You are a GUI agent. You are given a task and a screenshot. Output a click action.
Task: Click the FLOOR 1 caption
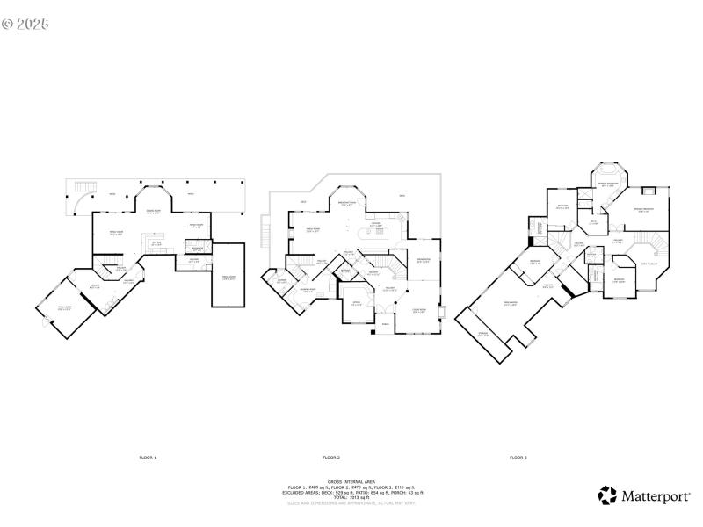[x=147, y=458]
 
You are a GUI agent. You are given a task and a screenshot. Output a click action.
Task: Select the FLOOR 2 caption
[x=331, y=458]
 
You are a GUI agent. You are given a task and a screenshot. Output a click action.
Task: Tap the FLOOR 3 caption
[x=518, y=458]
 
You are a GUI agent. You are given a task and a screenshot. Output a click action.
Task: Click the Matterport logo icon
[x=607, y=495]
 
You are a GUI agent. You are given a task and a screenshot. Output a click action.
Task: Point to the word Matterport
[x=656, y=496]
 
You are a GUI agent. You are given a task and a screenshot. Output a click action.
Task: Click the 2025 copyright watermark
[x=25, y=24]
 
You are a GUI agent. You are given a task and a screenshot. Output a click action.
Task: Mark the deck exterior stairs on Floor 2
[x=264, y=235]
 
